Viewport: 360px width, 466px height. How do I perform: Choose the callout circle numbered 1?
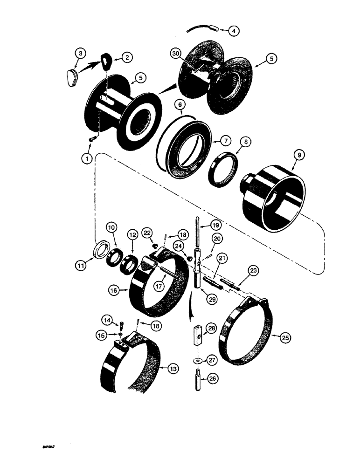click(x=85, y=158)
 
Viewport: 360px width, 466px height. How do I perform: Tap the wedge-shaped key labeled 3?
click(x=72, y=75)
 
